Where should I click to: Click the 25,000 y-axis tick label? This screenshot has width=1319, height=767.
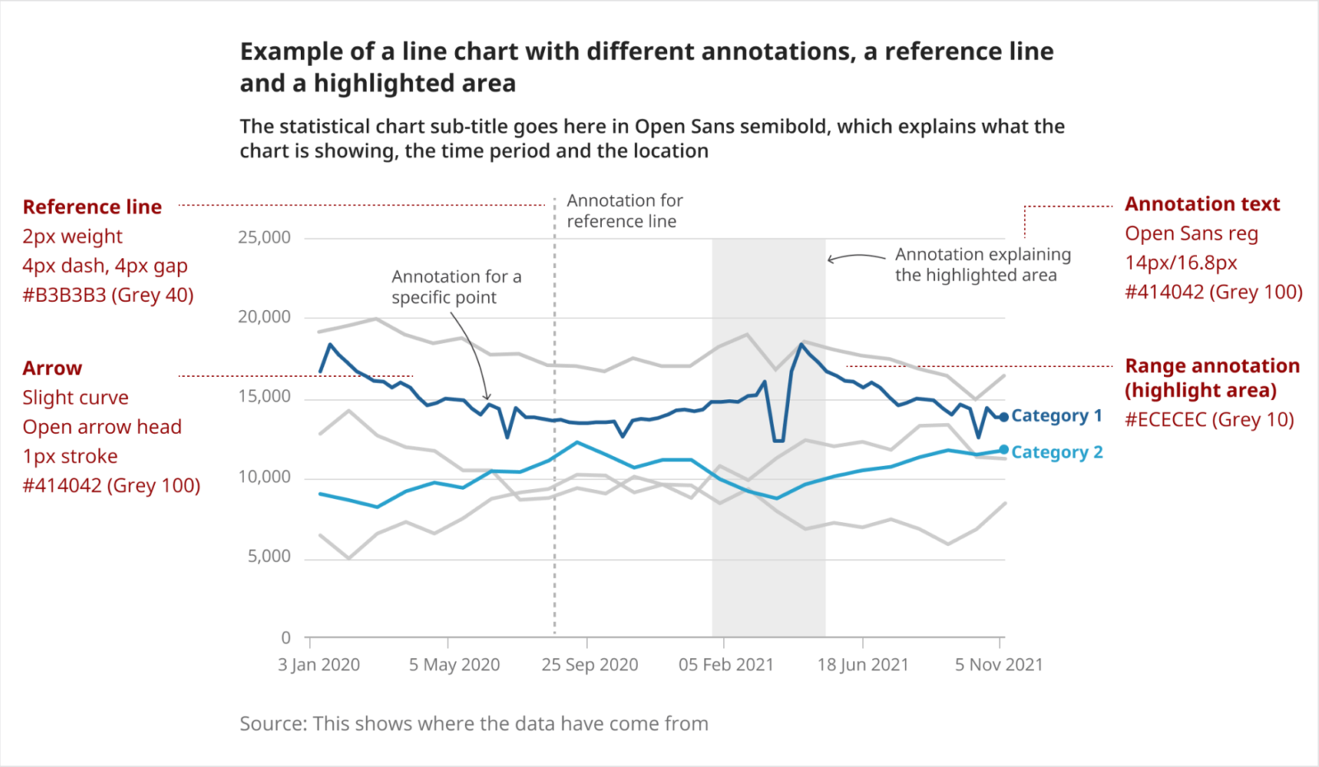pos(264,238)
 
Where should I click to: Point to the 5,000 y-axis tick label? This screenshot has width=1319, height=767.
pos(269,557)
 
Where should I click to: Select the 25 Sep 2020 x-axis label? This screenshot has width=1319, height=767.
pos(589,665)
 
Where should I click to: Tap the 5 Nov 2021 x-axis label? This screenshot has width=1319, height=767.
pos(998,665)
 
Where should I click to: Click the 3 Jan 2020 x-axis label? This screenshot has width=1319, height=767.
pos(318,665)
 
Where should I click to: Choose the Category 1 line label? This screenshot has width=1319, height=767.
pos(1056,416)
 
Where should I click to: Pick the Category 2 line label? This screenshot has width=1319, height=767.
pos(1056,452)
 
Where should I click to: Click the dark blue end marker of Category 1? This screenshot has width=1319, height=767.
pos(1003,417)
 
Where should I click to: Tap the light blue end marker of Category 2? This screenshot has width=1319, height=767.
pos(1003,449)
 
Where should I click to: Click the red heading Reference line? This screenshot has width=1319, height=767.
pos(92,207)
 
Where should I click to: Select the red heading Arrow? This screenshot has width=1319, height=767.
pos(52,369)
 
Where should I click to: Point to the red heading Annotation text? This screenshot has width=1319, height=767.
pos(1202,205)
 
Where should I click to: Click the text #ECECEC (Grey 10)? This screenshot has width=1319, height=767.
pos(1209,420)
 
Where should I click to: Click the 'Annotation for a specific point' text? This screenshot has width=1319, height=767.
pos(456,287)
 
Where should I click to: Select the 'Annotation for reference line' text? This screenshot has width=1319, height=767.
pos(624,211)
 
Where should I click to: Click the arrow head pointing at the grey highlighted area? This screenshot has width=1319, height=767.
pos(830,260)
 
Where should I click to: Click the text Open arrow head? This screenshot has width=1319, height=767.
pos(101,427)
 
